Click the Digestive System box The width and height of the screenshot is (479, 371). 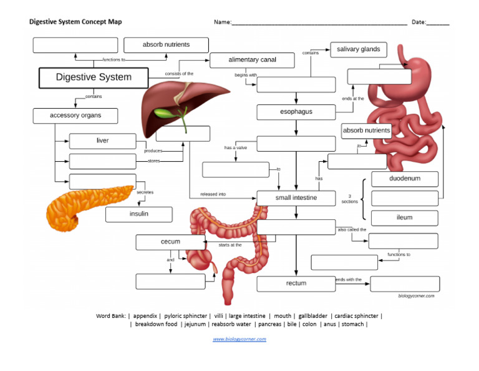point(94,77)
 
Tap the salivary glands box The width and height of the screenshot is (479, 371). point(358,49)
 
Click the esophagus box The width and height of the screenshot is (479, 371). point(296,112)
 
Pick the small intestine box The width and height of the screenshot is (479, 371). point(296,198)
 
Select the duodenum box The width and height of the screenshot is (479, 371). point(405,179)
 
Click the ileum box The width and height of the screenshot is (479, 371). point(405,218)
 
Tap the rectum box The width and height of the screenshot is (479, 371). point(296,284)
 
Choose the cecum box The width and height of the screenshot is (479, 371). point(170,242)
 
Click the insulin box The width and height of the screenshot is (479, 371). point(138,214)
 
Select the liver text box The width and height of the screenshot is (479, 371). point(102,141)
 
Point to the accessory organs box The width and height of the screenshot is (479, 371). point(75,116)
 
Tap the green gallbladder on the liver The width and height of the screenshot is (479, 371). point(163,113)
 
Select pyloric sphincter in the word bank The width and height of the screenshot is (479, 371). point(185,315)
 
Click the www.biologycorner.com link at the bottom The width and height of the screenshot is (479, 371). point(239,339)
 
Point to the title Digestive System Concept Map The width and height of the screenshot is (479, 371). point(75,22)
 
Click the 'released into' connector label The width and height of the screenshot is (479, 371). point(213,194)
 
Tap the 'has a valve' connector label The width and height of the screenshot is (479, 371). point(236,148)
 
